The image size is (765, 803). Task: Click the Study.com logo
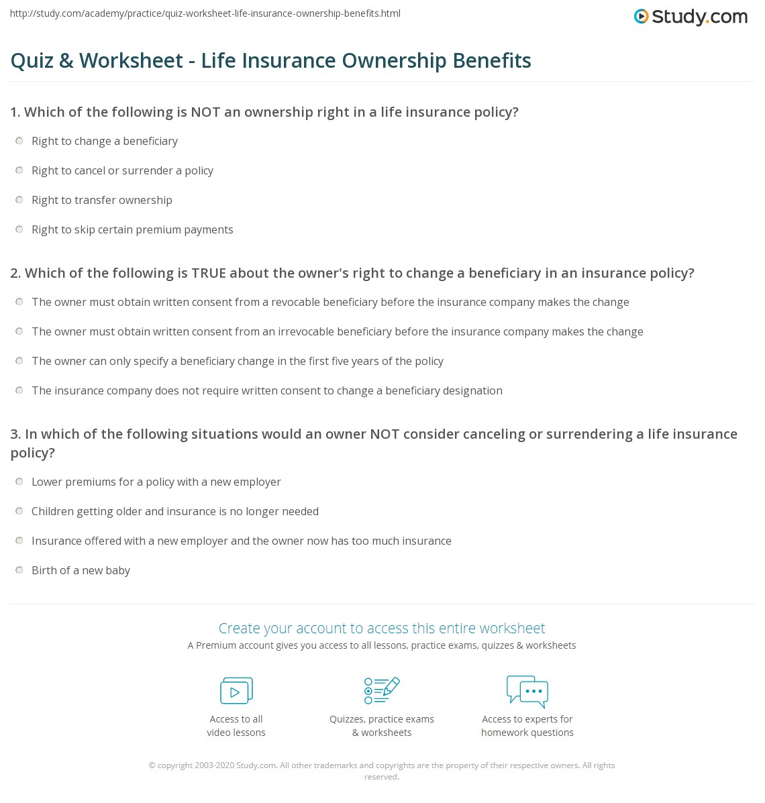pos(691,17)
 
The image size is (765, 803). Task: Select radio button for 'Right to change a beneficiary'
pos(19,141)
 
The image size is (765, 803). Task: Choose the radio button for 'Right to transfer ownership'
pos(19,200)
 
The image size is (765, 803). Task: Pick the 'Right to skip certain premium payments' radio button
pos(19,229)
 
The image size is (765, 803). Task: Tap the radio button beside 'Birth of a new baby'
pos(19,570)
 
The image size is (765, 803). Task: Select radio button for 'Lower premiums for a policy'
pos(19,482)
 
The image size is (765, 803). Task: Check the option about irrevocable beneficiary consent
pos(19,331)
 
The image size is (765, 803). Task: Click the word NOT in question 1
pos(205,112)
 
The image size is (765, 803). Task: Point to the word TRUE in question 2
pos(209,273)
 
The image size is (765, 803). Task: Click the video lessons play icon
pos(236,690)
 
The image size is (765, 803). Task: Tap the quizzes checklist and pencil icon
pos(382,690)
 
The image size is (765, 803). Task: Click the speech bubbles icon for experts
pos(527,691)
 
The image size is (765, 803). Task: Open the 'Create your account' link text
pos(381,628)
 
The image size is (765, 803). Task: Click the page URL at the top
pos(205,13)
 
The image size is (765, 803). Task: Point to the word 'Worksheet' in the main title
pos(131,60)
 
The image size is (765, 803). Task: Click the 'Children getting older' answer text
pos(174,511)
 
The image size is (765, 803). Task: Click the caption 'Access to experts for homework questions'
pos(527,726)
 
